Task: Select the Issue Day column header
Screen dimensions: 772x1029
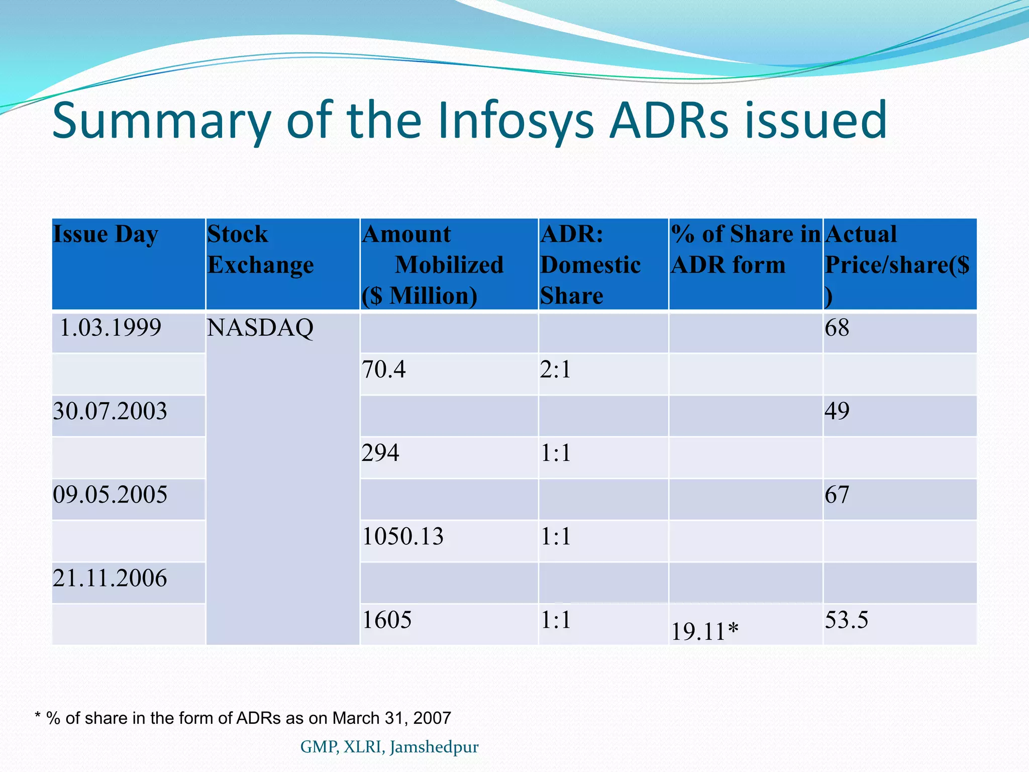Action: (106, 235)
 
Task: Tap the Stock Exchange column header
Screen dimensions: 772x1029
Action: (260, 249)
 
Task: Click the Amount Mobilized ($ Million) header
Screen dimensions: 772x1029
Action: (432, 265)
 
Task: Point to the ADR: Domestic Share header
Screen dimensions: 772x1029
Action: (590, 265)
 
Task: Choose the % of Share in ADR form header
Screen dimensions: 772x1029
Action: (745, 249)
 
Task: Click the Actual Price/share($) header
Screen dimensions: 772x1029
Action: (897, 265)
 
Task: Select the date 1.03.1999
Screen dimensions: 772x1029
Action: (111, 328)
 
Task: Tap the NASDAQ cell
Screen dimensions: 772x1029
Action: (260, 328)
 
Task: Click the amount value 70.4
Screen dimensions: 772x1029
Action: (384, 370)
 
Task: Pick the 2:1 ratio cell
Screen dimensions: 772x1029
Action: (556, 370)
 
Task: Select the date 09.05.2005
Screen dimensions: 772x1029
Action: (110, 495)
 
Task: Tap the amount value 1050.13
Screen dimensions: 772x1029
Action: (403, 537)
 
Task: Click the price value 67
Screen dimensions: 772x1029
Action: (837, 495)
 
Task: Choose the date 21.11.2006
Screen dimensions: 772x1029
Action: (110, 578)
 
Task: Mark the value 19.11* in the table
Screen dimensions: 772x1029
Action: (705, 632)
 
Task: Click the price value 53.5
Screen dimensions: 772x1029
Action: (847, 620)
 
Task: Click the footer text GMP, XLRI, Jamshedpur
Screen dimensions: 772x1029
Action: (389, 747)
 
